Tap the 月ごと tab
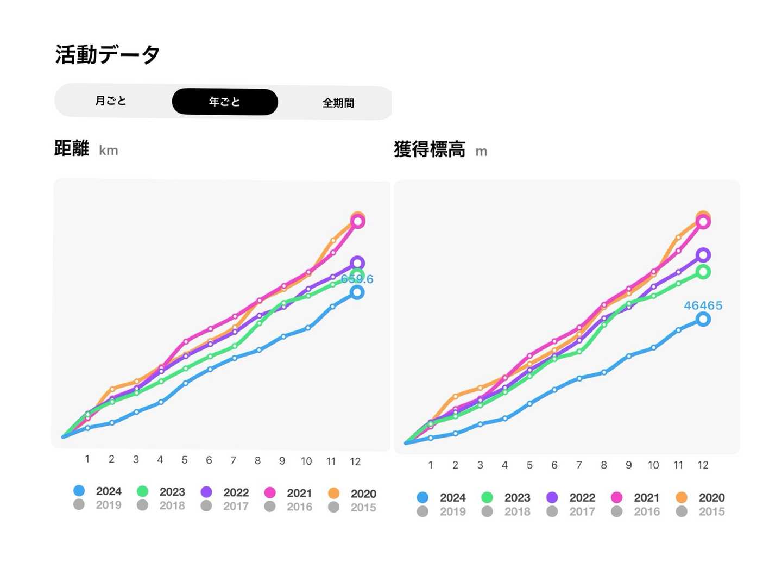pyautogui.click(x=111, y=101)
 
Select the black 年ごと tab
pyautogui.click(x=225, y=102)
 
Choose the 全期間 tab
pyautogui.click(x=338, y=103)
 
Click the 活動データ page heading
pyautogui.click(x=108, y=54)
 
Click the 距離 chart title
pyautogui.click(x=72, y=148)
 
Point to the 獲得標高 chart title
pyautogui.click(x=430, y=149)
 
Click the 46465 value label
pyautogui.click(x=703, y=305)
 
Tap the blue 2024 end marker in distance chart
pyautogui.click(x=357, y=292)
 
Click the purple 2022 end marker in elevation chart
pyautogui.click(x=703, y=255)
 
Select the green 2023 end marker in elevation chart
pyautogui.click(x=703, y=272)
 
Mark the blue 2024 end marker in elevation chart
pyautogui.click(x=703, y=319)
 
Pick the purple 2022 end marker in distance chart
pyautogui.click(x=357, y=263)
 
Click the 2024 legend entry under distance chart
pyautogui.click(x=98, y=491)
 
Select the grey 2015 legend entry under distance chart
pyautogui.click(x=353, y=507)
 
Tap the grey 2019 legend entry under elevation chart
pyautogui.click(x=442, y=511)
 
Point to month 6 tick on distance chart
pyautogui.click(x=209, y=460)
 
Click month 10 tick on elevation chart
pyautogui.click(x=653, y=465)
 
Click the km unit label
pyautogui.click(x=109, y=151)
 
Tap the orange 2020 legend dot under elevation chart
pyautogui.click(x=682, y=497)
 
